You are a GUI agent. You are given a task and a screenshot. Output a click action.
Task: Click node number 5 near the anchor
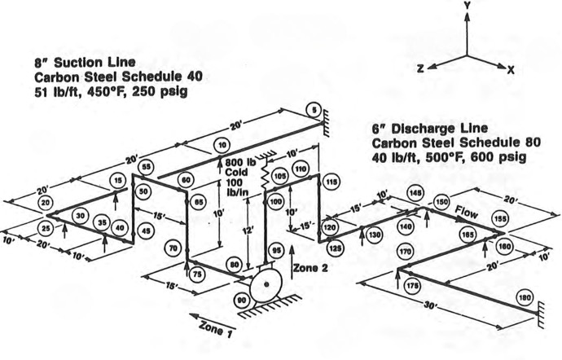[x=314, y=110]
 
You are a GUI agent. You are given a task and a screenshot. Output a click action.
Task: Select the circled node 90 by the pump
[x=242, y=301]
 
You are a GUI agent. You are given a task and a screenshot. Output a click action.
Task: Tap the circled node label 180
[x=525, y=297]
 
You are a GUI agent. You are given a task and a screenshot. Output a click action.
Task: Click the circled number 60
[x=186, y=180]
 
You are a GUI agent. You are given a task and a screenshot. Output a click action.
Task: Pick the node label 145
[x=415, y=193]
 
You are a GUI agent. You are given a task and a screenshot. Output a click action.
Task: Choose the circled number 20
[x=46, y=203]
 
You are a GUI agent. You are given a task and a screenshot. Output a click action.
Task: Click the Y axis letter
[x=467, y=6]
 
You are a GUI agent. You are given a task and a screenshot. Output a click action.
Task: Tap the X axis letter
[x=511, y=69]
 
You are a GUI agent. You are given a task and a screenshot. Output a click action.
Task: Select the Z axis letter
[x=421, y=68]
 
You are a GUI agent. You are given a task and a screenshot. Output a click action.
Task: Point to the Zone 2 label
[x=310, y=268]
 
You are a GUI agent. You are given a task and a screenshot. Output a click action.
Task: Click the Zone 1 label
[x=215, y=328]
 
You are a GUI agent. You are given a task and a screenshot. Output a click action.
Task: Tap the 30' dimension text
[x=430, y=305]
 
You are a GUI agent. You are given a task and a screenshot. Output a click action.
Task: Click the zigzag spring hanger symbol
[x=265, y=174]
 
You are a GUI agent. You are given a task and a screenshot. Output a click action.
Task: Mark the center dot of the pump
[x=266, y=284]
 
